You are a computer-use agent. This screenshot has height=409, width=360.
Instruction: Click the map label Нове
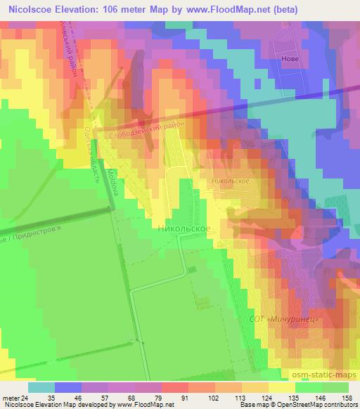290,58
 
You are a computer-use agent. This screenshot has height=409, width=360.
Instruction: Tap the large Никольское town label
184,229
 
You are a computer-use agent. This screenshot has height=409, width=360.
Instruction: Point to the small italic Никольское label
230,181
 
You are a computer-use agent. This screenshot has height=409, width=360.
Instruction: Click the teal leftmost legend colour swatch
41,387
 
